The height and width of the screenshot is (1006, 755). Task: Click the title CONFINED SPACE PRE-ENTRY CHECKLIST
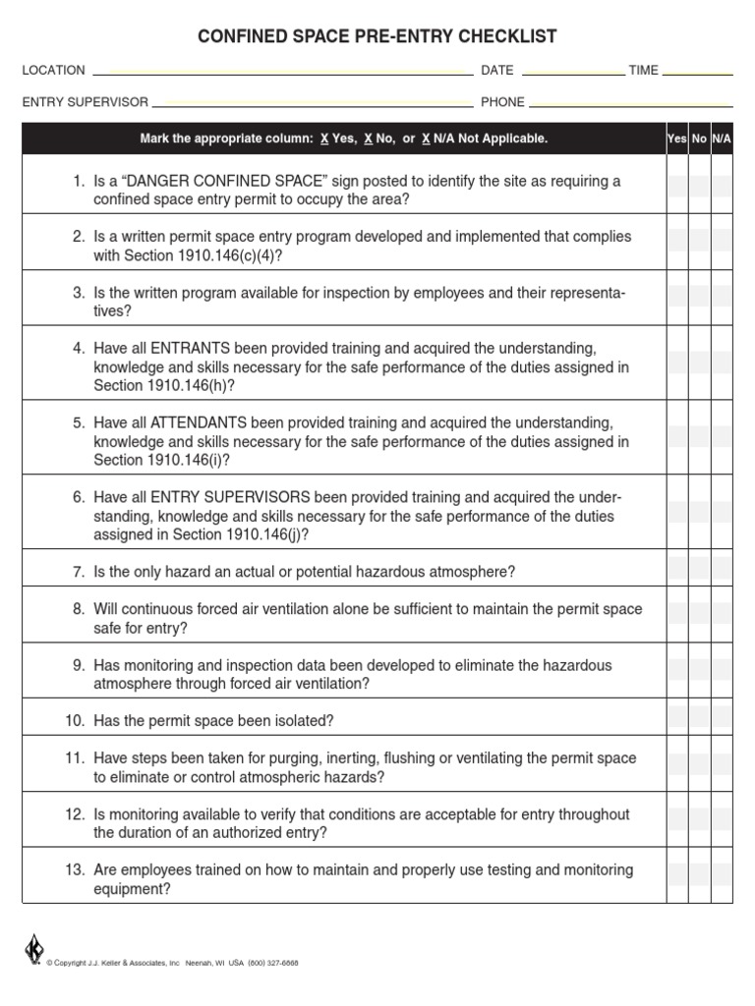(x=377, y=36)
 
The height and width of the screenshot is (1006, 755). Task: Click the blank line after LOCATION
(x=282, y=72)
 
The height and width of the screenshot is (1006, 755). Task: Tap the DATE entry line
(x=572, y=72)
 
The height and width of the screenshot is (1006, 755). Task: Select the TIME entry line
(x=698, y=72)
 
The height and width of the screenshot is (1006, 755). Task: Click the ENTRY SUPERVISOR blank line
(x=312, y=103)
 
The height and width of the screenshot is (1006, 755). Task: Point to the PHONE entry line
(x=630, y=103)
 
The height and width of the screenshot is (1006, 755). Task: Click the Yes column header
(x=676, y=139)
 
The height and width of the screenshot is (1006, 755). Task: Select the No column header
(x=699, y=139)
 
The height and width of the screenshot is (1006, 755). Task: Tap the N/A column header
(x=722, y=139)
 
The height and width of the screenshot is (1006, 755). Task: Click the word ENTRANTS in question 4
(x=190, y=349)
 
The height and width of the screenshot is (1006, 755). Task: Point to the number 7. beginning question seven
(x=79, y=572)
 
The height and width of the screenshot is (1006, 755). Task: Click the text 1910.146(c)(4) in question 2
(x=232, y=255)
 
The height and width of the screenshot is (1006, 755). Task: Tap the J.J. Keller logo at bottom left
(x=33, y=950)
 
